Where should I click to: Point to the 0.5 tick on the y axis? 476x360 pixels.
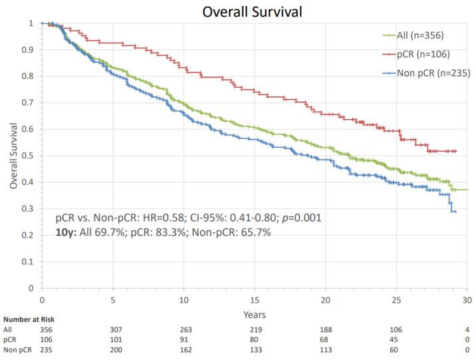(x=31, y=156)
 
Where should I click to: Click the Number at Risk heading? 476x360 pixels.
(x=25, y=319)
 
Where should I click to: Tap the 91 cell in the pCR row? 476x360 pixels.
(x=184, y=339)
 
